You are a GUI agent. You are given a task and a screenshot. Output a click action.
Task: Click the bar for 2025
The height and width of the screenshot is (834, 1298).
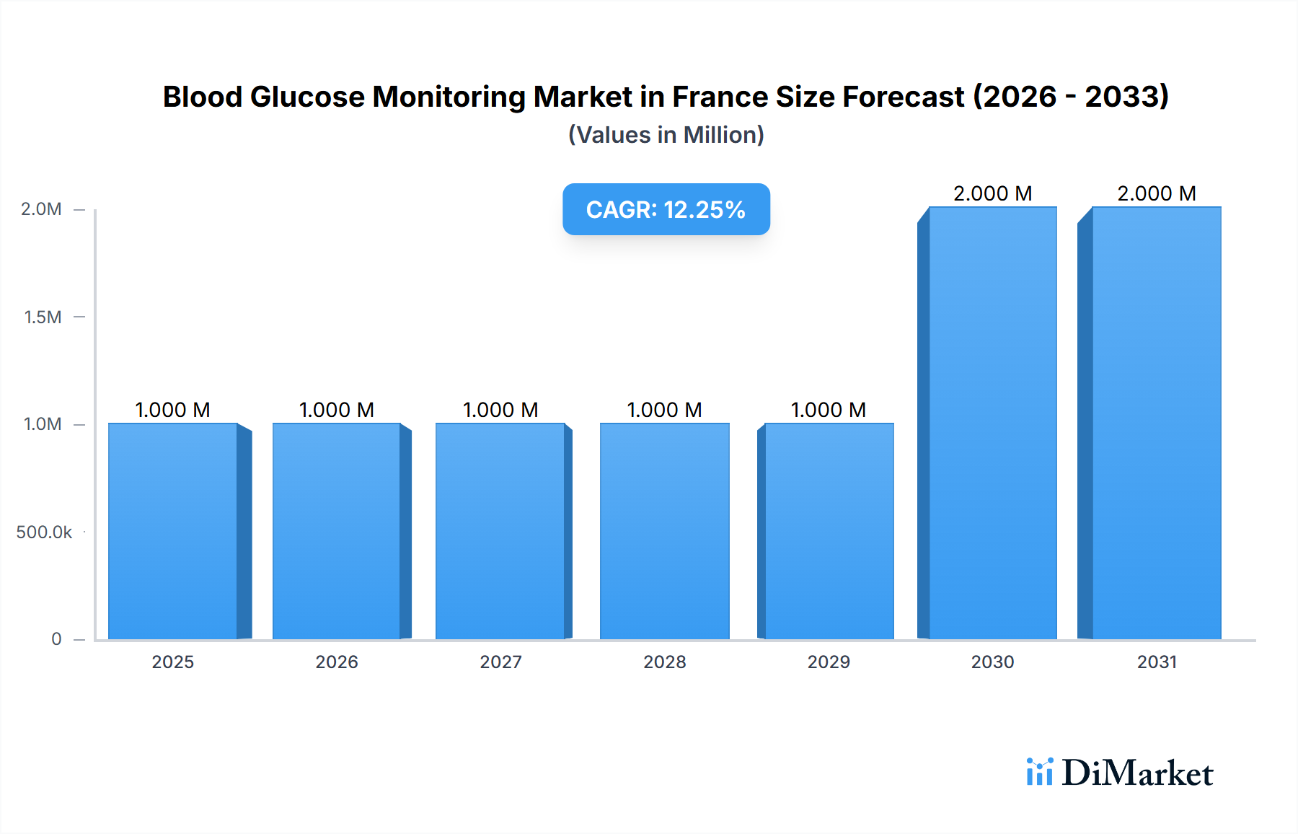coord(173,531)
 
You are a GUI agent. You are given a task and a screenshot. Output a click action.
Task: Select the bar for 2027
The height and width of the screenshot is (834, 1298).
coord(500,531)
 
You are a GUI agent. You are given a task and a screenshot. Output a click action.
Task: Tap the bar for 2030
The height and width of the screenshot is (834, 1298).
coord(993,423)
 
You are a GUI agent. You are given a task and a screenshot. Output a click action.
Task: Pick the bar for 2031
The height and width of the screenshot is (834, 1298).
coord(1157,423)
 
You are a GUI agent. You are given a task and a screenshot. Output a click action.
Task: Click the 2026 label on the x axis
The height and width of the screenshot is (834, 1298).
coord(337,662)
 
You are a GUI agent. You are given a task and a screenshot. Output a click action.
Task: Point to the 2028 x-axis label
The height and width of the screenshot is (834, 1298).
coord(665,662)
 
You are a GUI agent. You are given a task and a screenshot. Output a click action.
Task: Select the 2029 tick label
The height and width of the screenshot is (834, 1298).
coord(829,662)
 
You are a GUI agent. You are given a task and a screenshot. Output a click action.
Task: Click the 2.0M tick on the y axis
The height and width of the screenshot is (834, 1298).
coord(41,209)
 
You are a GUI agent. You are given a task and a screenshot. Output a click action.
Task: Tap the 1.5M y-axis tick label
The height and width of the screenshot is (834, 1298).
coord(43,317)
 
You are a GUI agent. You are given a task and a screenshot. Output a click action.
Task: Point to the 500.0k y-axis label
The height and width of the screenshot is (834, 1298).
coord(44,532)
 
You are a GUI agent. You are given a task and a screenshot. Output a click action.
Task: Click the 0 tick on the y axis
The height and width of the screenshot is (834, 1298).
coord(56,638)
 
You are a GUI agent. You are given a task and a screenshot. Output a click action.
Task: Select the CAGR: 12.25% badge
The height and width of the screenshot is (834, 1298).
coord(666,209)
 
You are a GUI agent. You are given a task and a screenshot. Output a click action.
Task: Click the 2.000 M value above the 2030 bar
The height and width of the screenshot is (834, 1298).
coord(992,193)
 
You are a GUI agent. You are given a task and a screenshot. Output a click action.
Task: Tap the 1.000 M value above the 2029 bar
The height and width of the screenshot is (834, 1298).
coord(828,410)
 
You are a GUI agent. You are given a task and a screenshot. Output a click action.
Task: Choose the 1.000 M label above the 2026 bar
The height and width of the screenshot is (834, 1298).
coord(337,410)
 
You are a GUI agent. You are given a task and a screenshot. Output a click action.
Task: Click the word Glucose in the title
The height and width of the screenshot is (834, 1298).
coord(307,97)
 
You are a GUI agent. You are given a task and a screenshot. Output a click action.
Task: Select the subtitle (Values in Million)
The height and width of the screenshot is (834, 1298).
coord(666,135)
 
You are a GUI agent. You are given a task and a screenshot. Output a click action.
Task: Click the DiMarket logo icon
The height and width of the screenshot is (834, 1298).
coord(1039,772)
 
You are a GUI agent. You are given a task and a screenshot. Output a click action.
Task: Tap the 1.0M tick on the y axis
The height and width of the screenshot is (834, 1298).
coord(43,424)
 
